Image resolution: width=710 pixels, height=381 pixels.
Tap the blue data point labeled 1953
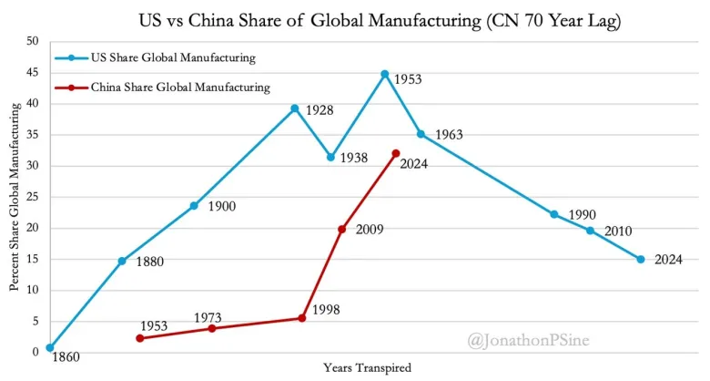point(385,74)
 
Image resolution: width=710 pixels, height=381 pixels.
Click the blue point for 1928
point(295,108)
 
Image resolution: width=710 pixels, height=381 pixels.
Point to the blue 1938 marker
point(330,157)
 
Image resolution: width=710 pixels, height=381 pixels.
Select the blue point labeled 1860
point(50,347)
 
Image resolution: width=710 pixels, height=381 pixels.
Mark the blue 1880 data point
point(122,261)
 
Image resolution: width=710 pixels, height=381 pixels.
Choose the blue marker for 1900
point(194,205)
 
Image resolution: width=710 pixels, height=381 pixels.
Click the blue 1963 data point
point(421,134)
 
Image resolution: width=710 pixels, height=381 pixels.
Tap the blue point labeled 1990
point(554,214)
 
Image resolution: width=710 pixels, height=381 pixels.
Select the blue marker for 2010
point(590,231)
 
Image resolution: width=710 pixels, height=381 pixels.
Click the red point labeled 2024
point(395,153)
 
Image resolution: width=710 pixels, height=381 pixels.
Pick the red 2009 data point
point(341,229)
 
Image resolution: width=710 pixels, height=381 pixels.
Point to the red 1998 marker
point(301,318)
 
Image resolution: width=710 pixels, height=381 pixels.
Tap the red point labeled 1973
point(212,328)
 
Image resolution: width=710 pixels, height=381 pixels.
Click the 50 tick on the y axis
point(33,41)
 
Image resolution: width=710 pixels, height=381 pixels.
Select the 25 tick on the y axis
point(33,197)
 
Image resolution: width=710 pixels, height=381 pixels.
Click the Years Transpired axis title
point(367,368)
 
